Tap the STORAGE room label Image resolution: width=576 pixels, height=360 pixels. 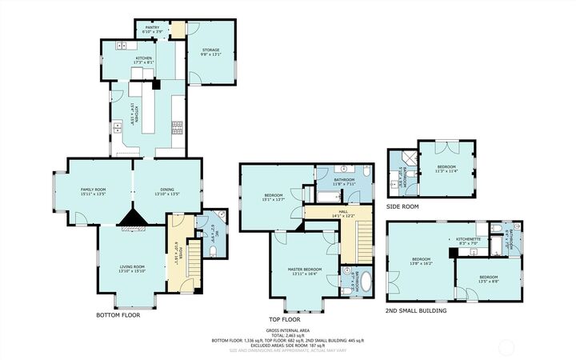tap(210, 50)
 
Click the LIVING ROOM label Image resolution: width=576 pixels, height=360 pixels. tap(132, 266)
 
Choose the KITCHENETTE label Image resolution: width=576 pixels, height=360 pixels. tap(468, 238)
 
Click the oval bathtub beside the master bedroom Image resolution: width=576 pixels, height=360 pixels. tap(365, 282)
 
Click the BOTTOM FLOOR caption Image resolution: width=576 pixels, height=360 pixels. tap(118, 314)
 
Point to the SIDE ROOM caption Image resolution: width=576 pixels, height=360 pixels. tap(402, 206)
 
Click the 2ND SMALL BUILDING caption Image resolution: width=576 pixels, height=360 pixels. tap(415, 310)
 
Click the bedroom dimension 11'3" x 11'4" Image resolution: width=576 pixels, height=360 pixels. tap(446, 170)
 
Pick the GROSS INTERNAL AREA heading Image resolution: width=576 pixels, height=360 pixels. tap(287, 330)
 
